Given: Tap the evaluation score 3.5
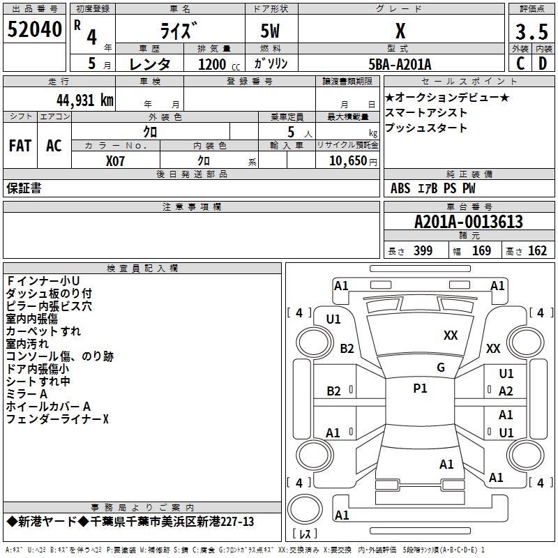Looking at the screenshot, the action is click(531, 32).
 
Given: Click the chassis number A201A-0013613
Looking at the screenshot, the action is click(468, 222).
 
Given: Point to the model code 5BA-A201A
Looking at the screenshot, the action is click(400, 64).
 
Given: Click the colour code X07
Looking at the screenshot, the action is click(116, 160).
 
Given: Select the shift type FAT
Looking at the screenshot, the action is click(20, 146).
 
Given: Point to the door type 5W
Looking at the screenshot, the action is click(272, 31).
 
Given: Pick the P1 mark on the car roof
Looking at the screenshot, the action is click(420, 389).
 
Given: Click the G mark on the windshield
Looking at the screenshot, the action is click(441, 368).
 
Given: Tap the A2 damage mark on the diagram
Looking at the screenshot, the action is click(506, 391).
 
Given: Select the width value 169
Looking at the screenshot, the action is click(481, 251).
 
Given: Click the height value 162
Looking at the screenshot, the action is click(537, 251).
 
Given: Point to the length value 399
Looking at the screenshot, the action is click(423, 251).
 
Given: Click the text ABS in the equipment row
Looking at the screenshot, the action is click(400, 188).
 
